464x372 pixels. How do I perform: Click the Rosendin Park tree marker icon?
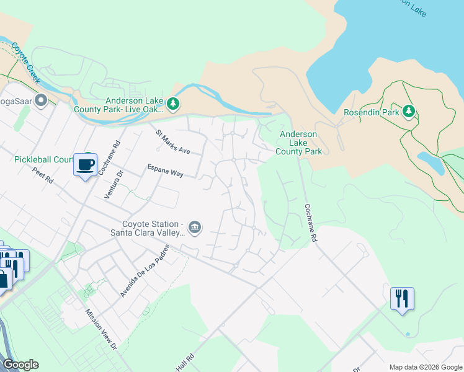(x=408, y=112)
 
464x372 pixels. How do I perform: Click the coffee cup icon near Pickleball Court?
(x=85, y=165)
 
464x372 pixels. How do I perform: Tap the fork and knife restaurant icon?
(x=402, y=299)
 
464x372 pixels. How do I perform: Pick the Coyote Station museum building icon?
(x=195, y=227)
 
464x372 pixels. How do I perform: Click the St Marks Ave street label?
(x=172, y=142)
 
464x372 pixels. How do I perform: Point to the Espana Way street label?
(x=165, y=170)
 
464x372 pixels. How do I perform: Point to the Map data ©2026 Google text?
(x=426, y=367)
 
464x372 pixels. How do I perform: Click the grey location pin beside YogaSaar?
(x=42, y=100)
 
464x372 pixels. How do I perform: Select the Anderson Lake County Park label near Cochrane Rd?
(x=298, y=143)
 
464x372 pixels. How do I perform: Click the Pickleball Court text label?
(x=43, y=159)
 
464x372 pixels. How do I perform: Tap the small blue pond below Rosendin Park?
(x=431, y=162)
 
